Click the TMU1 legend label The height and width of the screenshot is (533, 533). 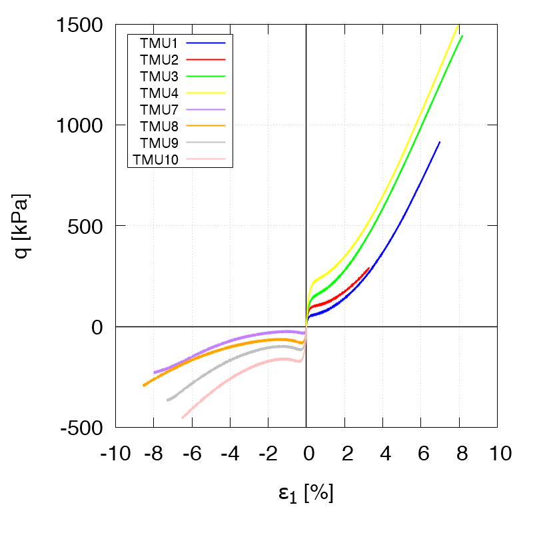coord(159,43)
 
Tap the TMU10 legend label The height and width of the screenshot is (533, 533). coord(155,159)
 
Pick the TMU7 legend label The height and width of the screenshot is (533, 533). coord(159,109)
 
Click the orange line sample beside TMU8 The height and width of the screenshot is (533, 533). coord(206,125)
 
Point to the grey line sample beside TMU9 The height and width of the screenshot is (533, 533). coord(206,142)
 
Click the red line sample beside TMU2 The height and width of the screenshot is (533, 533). coord(206,59)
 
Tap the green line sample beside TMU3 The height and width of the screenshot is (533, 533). coord(206,75)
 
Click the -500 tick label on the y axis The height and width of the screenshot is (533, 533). coord(83,427)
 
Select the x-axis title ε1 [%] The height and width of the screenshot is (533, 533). coord(306,494)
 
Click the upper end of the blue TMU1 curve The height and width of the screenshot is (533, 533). coord(440,142)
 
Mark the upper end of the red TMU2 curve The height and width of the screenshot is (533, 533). coord(369,268)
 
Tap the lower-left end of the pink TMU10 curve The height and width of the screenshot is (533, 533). coord(183,418)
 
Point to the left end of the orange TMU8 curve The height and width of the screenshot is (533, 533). coord(144,385)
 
